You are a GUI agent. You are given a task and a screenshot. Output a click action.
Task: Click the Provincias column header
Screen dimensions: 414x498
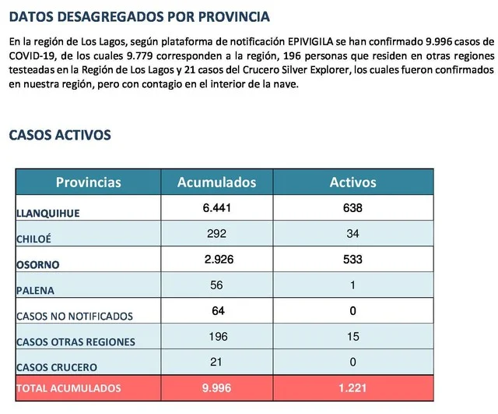(89, 182)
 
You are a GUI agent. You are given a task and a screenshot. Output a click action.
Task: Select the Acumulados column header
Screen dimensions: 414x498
(217, 182)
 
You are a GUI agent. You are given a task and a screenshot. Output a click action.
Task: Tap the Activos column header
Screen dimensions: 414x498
(352, 182)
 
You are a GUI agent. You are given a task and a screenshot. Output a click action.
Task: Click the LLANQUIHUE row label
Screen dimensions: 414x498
(48, 212)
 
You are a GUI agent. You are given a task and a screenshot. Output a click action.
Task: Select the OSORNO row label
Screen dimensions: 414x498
(38, 264)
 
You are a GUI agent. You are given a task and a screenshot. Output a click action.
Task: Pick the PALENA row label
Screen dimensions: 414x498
(37, 290)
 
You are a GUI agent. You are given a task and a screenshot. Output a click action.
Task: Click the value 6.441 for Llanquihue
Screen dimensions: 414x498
(217, 208)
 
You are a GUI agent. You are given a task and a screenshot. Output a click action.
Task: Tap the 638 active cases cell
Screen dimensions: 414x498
(352, 208)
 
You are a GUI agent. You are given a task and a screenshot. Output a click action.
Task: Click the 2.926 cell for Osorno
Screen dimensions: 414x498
(217, 260)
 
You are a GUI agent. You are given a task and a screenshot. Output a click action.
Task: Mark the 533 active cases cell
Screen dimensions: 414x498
(352, 260)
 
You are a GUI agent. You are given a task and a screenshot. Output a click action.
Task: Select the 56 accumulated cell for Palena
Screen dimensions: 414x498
(217, 285)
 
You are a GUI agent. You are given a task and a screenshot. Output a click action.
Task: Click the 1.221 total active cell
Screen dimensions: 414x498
(352, 387)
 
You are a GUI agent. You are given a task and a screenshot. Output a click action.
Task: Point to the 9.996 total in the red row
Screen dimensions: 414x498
(217, 387)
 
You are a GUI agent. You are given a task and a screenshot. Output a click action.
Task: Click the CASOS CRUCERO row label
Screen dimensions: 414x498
(57, 366)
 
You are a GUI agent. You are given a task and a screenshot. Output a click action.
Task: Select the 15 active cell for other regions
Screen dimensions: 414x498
(352, 336)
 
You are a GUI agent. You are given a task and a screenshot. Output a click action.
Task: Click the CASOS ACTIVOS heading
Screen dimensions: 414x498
(60, 135)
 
